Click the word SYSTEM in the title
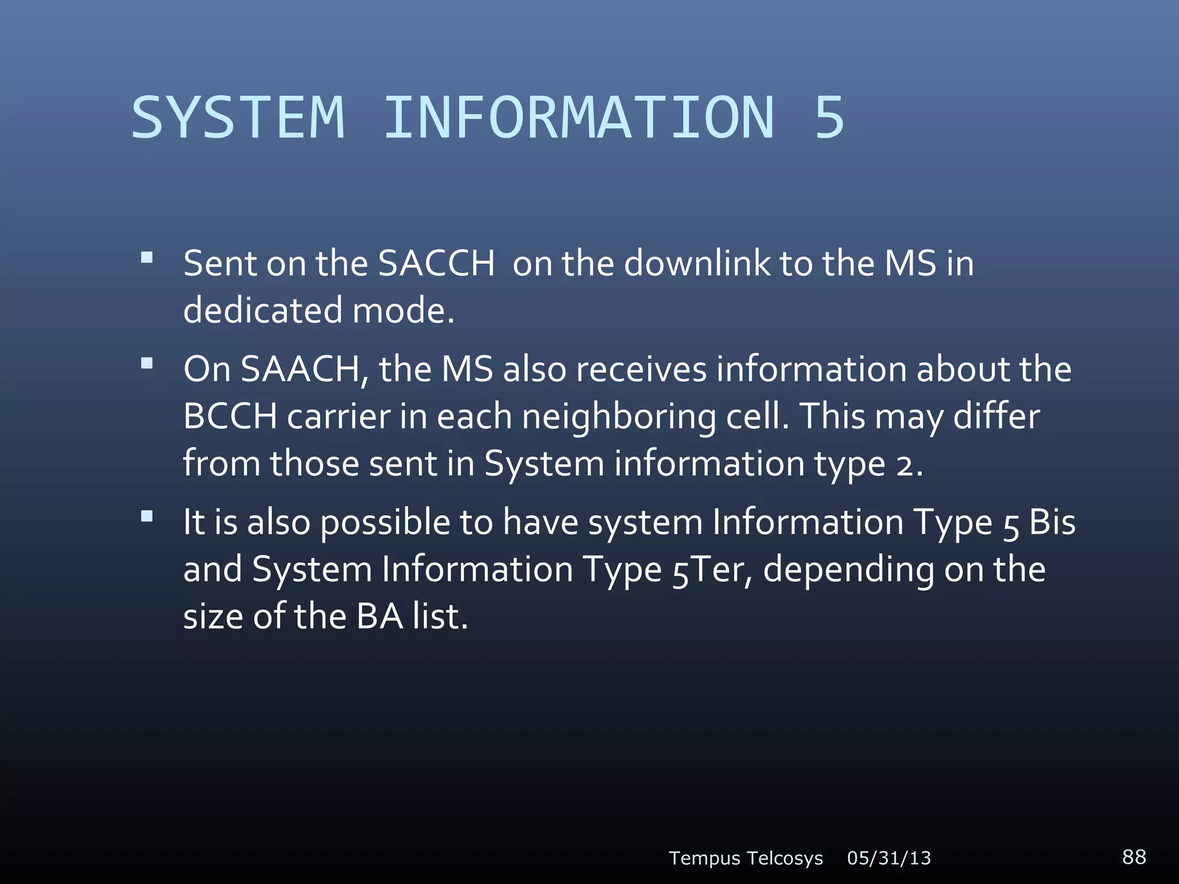(238, 117)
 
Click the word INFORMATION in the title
(579, 117)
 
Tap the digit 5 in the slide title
(829, 117)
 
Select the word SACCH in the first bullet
(436, 264)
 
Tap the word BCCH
(230, 416)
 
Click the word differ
(997, 416)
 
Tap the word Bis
(1052, 523)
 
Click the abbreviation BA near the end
(379, 617)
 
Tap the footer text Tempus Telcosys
(746, 858)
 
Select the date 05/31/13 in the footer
(889, 858)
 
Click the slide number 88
(1134, 856)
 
